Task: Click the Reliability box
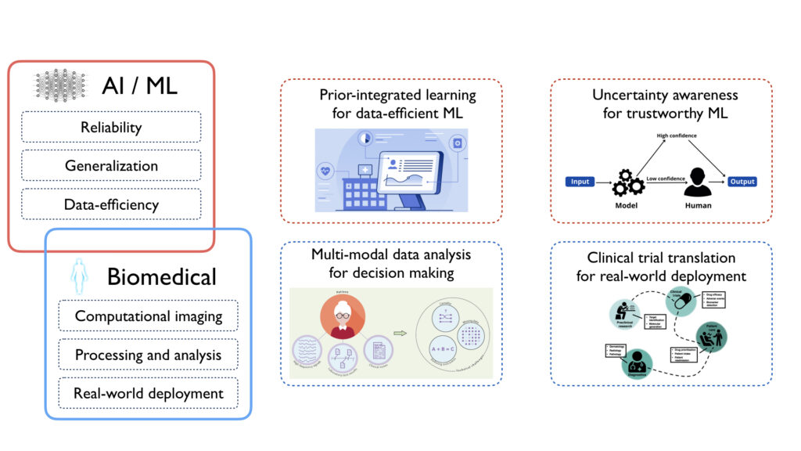pos(111,127)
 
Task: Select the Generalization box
pos(111,166)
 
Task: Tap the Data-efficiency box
pos(111,205)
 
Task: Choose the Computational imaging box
pos(149,316)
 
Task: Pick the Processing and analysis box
pos(149,355)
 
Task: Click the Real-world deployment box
pos(149,394)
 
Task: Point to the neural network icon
pos(61,84)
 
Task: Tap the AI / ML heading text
pos(139,85)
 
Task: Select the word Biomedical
pos(161,276)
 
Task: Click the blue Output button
pos(742,182)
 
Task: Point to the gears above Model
pos(627,182)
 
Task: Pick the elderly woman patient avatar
pos(342,321)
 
